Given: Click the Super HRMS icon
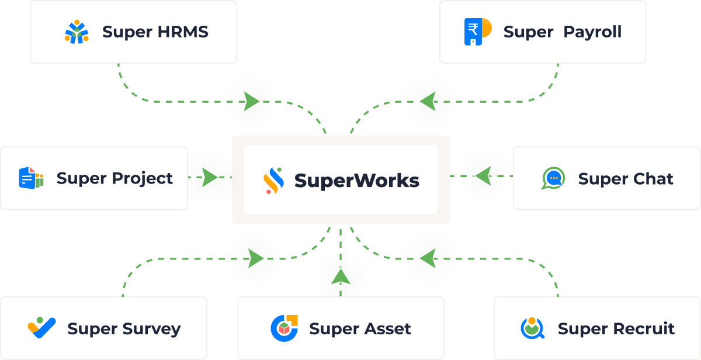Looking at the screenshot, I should pyautogui.click(x=77, y=32).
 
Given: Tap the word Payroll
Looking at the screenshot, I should pyautogui.click(x=592, y=32).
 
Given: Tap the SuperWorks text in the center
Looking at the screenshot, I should pyautogui.click(x=357, y=181).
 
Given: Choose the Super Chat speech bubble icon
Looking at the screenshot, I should pyautogui.click(x=553, y=178).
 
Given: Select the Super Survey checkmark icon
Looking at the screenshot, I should pyautogui.click(x=41, y=328).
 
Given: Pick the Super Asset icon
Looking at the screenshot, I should pyautogui.click(x=284, y=328).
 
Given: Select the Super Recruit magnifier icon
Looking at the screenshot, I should pyautogui.click(x=532, y=328).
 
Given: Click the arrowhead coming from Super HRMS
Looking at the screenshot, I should pyautogui.click(x=252, y=102).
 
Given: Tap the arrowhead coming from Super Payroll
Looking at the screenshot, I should pyautogui.click(x=428, y=102).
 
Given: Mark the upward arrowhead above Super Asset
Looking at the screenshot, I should pyautogui.click(x=340, y=276).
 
